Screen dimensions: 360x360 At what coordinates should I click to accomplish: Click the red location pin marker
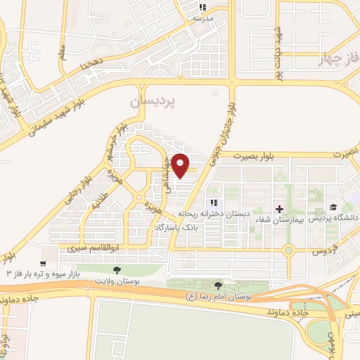[181, 165]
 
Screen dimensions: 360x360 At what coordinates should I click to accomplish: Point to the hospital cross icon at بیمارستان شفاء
[280, 209]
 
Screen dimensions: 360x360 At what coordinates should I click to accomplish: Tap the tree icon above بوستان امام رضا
[218, 285]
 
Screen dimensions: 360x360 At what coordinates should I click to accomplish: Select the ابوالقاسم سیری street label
[89, 249]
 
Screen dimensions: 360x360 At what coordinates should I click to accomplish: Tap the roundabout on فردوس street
[288, 250]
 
